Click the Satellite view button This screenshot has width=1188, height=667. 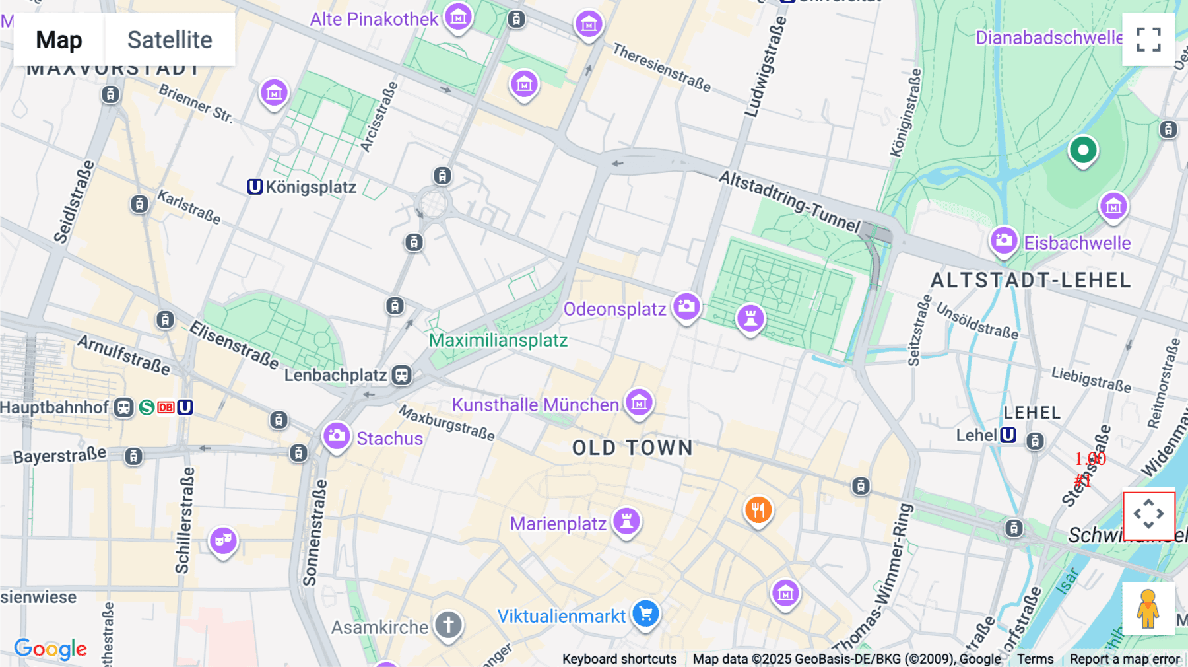[x=170, y=40]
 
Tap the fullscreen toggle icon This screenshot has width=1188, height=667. [x=1148, y=40]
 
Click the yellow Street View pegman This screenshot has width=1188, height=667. [x=1148, y=609]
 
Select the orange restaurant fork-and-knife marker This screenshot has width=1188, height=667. [x=758, y=510]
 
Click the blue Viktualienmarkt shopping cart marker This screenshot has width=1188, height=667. [x=645, y=614]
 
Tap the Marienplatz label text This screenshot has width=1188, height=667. [x=558, y=524]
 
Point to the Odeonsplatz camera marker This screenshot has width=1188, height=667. [x=686, y=306]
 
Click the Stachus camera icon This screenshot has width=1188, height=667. [x=337, y=436]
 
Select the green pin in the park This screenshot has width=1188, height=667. [x=1083, y=151]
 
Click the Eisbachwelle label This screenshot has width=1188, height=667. [x=1077, y=243]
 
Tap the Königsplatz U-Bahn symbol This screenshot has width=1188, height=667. [x=255, y=187]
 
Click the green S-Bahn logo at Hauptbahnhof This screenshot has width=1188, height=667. [x=147, y=407]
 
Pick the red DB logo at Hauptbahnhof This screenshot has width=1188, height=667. [x=166, y=407]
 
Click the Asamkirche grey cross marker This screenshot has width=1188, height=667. [x=448, y=624]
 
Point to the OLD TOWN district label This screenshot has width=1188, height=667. [x=632, y=448]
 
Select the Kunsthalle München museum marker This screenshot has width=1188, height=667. [x=639, y=402]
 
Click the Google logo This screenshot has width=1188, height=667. [x=51, y=649]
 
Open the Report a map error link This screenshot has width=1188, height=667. [x=1125, y=659]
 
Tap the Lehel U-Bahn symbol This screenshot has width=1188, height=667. [x=1008, y=435]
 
